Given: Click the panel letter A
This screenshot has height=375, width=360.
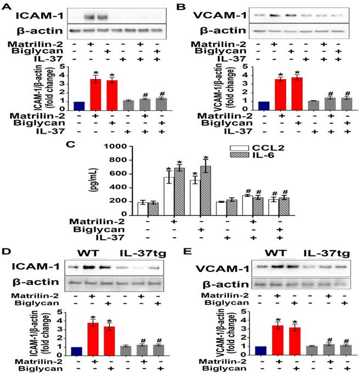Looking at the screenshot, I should pos(5,6).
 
